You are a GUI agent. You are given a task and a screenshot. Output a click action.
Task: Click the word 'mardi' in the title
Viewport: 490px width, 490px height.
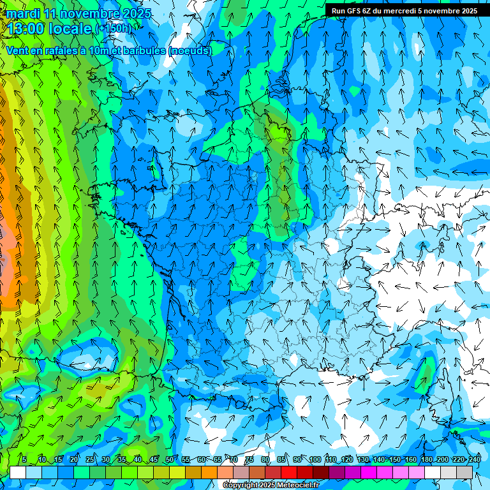[23, 13]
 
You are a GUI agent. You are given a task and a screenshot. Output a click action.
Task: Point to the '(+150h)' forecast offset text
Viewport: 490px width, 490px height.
[113, 28]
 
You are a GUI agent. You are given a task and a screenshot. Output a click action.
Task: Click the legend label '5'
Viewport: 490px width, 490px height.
[24, 459]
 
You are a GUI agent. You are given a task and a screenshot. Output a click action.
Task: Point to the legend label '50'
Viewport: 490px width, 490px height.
[169, 459]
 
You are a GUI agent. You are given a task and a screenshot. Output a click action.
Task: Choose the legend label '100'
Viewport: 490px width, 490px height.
[315, 459]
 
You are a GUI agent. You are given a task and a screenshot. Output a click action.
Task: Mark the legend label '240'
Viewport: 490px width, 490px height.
[474, 459]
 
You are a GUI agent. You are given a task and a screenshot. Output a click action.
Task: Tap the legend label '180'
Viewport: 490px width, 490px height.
[426, 459]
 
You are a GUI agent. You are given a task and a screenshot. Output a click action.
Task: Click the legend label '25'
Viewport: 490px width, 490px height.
[89, 459]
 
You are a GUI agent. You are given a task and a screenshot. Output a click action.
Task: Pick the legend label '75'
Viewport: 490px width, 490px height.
[249, 459]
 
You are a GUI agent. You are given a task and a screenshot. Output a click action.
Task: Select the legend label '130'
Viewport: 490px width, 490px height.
[363, 459]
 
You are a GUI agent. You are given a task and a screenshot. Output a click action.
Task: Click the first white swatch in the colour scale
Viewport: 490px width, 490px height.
[18, 472]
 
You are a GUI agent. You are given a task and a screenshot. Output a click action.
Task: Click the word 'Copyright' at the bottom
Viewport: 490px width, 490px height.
[241, 486]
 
